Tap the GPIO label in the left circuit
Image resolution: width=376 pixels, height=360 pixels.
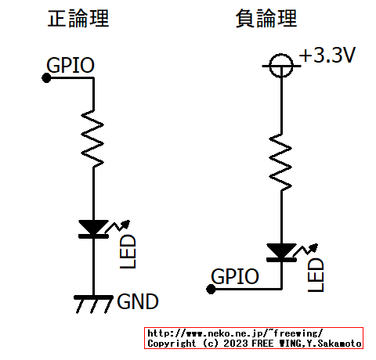click(x=71, y=65)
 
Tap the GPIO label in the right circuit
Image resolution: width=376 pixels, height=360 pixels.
click(x=236, y=276)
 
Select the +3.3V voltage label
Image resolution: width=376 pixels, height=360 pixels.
click(x=327, y=57)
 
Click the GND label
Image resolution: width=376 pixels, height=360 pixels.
click(x=138, y=301)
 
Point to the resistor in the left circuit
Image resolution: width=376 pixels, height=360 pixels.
click(x=93, y=139)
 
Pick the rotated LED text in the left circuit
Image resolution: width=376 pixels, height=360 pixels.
click(x=128, y=251)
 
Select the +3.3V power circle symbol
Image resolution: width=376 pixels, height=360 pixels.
click(x=280, y=65)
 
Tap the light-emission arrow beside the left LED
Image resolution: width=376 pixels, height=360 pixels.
click(x=121, y=226)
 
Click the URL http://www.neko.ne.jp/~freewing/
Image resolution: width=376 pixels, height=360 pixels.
click(x=235, y=333)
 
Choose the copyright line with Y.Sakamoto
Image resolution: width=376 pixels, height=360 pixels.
click(x=255, y=343)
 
